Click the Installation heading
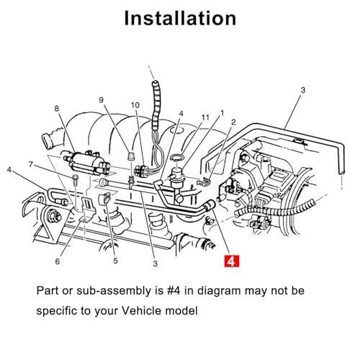(x=180, y=19)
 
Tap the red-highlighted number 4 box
(x=232, y=261)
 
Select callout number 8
(x=56, y=109)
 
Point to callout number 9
(x=101, y=100)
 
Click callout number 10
(x=135, y=105)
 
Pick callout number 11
(x=205, y=117)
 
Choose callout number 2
(x=233, y=122)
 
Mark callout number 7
(x=31, y=164)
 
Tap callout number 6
(x=57, y=261)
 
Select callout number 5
(x=115, y=261)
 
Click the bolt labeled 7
(x=75, y=179)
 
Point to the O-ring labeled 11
(x=177, y=158)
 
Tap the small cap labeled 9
(x=130, y=156)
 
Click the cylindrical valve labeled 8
(x=86, y=163)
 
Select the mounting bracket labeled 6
(x=86, y=210)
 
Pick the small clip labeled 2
(x=204, y=181)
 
